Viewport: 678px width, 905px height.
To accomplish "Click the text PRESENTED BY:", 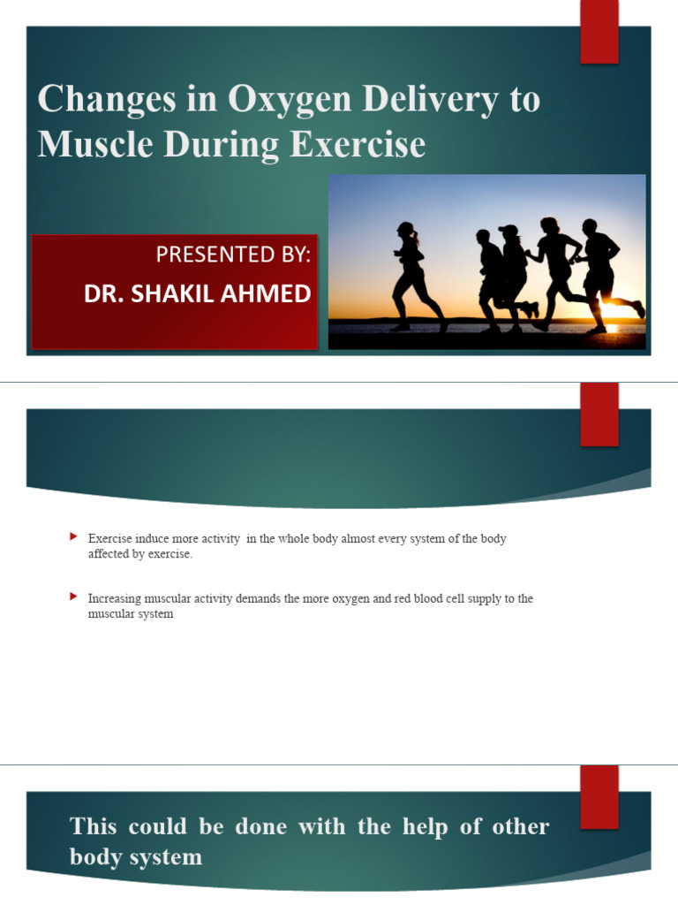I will (233, 255).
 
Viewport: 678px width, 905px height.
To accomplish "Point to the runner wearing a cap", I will (512, 270).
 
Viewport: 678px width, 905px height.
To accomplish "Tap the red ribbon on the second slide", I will (599, 415).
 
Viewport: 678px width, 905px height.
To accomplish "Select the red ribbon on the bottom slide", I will (599, 795).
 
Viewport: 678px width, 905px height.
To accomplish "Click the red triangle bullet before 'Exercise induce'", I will (73, 537).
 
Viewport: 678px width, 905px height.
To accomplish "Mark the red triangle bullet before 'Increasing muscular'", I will (73, 597).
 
